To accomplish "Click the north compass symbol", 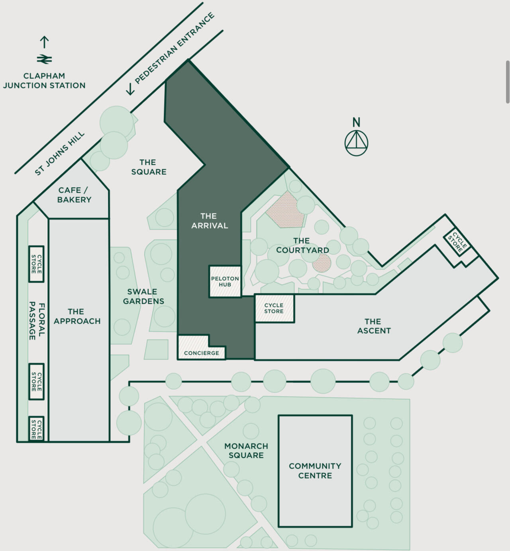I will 356,143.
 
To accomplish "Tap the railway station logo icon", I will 44,59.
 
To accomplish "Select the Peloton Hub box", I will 225,281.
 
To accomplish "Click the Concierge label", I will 201,353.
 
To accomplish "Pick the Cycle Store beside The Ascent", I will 274,308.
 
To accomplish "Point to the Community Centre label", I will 315,471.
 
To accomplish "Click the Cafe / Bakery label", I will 74,195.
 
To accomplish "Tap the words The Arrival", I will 210,221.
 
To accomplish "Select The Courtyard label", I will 302,246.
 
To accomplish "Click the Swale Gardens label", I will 143,297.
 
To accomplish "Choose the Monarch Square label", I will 246,451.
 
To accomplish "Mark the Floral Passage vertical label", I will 37,321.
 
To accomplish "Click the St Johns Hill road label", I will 60,153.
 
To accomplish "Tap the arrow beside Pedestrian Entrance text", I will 130,89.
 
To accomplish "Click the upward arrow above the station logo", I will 44,42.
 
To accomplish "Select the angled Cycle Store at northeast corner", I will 457,241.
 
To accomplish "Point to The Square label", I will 148,167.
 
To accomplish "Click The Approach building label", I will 77,316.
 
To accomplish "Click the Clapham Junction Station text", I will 44,80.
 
